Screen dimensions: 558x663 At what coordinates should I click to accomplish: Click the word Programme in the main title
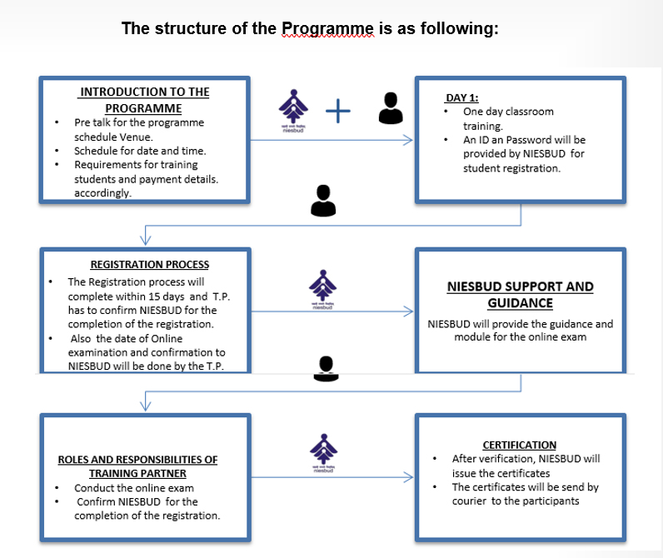[328, 28]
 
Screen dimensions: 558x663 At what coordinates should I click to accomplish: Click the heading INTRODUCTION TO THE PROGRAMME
[144, 99]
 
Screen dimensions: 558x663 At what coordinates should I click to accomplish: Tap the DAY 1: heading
[462, 97]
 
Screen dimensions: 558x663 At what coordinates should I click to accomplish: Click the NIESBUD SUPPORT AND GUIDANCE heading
[520, 294]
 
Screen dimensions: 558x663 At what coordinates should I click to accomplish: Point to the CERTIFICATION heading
[519, 445]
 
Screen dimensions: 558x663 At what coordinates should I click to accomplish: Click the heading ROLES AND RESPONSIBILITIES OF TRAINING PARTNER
[137, 466]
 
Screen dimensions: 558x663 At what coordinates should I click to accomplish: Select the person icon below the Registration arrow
[326, 367]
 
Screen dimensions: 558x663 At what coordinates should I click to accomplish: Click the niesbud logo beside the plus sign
[292, 108]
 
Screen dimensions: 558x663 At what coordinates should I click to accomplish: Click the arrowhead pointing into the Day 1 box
[408, 141]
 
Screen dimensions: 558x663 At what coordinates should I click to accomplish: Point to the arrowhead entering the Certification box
[408, 478]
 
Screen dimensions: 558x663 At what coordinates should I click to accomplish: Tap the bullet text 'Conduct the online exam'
[133, 488]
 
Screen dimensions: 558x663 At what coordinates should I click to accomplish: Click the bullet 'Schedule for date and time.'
[140, 151]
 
